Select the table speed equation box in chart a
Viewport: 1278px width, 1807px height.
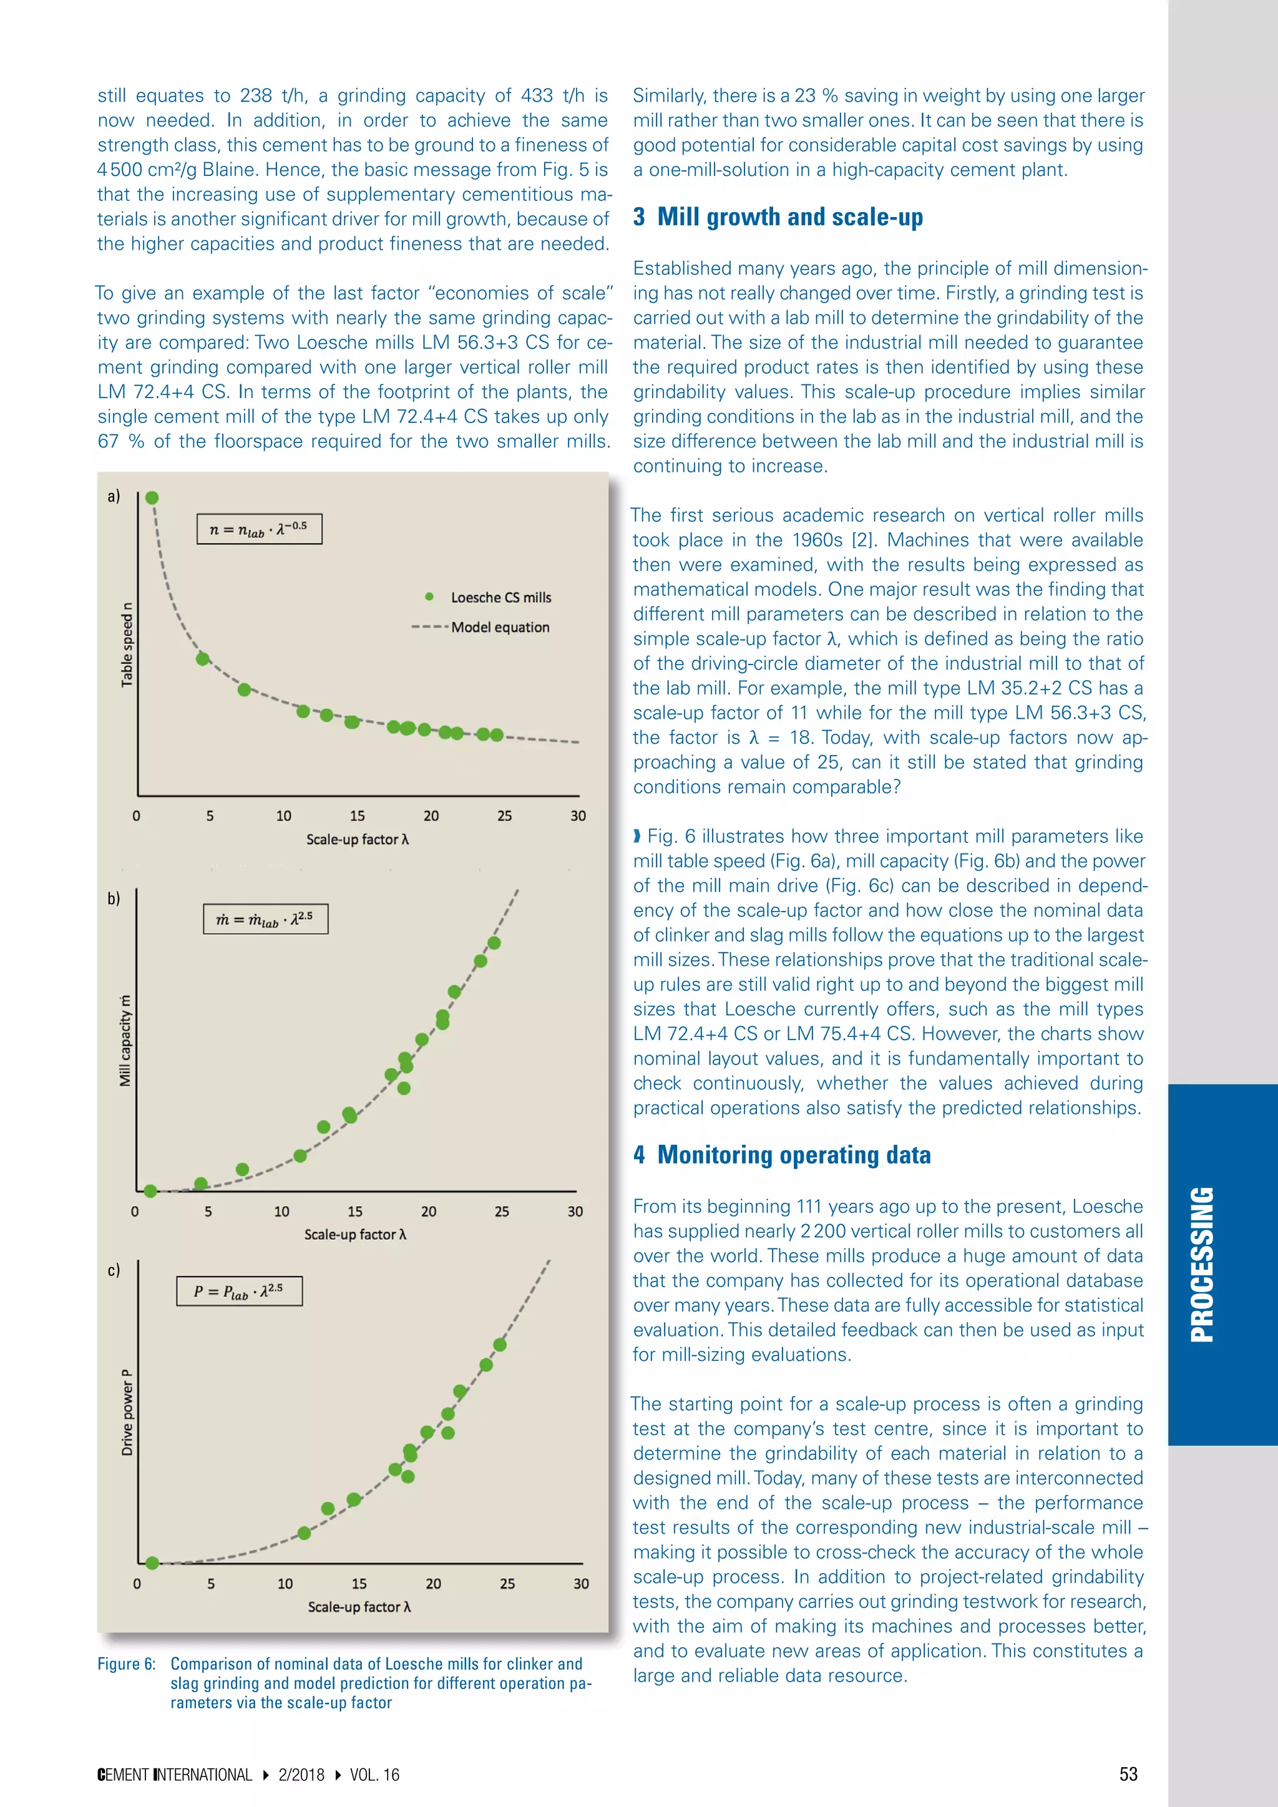pyautogui.click(x=259, y=529)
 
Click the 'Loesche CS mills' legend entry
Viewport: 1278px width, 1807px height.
pyautogui.click(x=500, y=597)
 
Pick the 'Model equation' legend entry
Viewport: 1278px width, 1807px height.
pyautogui.click(x=500, y=627)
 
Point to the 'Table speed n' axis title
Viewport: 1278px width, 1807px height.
pyautogui.click(x=127, y=645)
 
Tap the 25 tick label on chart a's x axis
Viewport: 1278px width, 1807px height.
pyautogui.click(x=504, y=816)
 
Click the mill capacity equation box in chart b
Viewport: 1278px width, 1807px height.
pyautogui.click(x=265, y=919)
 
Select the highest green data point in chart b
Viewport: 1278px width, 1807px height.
pyautogui.click(x=494, y=943)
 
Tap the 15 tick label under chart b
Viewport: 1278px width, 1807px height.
pyautogui.click(x=355, y=1211)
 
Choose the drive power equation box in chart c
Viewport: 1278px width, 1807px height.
pyautogui.click(x=239, y=1291)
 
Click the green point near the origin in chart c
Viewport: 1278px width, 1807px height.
pyautogui.click(x=153, y=1562)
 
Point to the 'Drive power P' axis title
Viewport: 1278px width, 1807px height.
pyautogui.click(x=127, y=1412)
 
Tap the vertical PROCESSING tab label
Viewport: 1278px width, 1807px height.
pyautogui.click(x=1202, y=1265)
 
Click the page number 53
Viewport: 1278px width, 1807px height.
pyautogui.click(x=1128, y=1774)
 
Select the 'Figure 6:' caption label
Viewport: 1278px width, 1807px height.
pyautogui.click(x=126, y=1663)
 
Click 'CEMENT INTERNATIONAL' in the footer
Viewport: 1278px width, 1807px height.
pyautogui.click(x=175, y=1775)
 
